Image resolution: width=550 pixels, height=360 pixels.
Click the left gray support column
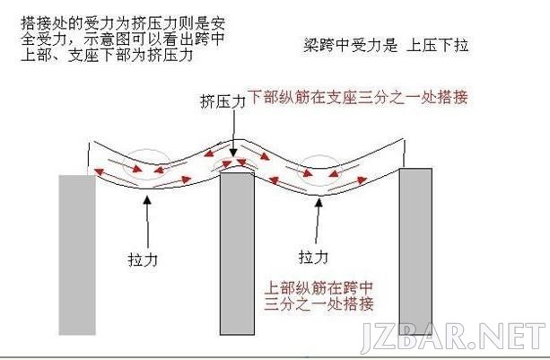pos(77,255)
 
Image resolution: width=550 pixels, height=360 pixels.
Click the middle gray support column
pos(237,252)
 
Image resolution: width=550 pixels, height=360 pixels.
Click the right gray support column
pos(416,250)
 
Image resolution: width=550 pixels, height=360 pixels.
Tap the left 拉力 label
pos(143,259)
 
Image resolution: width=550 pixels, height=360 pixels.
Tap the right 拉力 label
pos(313,257)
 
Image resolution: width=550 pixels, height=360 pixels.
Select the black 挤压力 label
pos(223,101)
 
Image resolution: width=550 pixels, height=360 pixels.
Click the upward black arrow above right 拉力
pos(318,221)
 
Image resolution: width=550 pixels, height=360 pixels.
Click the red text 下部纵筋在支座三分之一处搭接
pos(358,97)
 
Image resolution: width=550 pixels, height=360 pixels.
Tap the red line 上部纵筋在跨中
pos(319,287)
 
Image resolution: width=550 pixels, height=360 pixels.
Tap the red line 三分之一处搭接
pos(319,303)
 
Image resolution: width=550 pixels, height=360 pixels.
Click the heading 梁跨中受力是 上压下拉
pos(386,46)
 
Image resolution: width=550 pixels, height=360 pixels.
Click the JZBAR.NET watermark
pos(453,337)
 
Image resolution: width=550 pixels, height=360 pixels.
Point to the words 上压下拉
pos(437,46)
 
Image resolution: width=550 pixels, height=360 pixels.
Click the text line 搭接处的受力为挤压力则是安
pos(123,23)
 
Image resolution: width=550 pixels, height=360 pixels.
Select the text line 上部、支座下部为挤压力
pos(107,55)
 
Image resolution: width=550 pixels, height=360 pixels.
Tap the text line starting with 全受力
pos(123,39)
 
